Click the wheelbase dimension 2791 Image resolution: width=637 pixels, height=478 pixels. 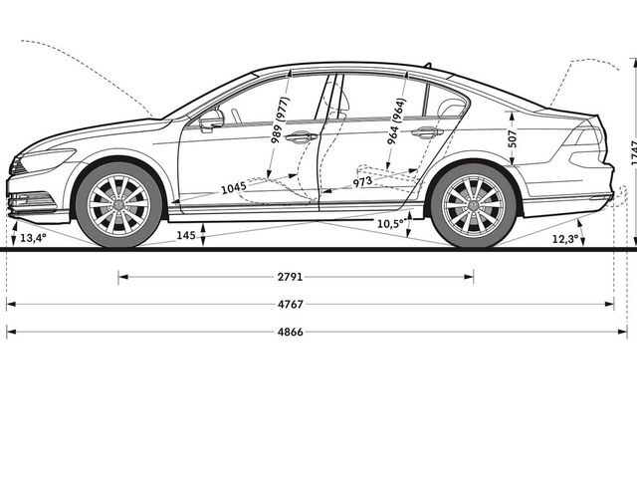point(290,277)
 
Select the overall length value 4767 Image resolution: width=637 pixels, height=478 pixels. point(291,304)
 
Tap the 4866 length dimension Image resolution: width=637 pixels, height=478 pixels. point(291,332)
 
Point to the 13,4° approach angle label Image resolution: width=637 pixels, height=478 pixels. point(33,238)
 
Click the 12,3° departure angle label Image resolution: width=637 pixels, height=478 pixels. point(565,239)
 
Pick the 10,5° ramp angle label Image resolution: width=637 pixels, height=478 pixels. point(391,224)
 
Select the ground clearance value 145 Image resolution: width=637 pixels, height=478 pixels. point(186,235)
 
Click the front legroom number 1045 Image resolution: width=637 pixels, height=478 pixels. point(234,188)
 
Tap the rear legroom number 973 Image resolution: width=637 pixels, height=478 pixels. point(362,181)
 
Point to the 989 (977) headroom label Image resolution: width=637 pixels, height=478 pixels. point(281,119)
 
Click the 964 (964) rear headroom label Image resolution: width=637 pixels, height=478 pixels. point(396,121)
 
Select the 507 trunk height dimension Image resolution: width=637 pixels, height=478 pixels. point(513,138)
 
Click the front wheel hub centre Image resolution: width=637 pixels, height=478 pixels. point(118,205)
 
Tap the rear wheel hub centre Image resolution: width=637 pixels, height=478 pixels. point(474,205)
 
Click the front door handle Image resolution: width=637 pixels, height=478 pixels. point(301,137)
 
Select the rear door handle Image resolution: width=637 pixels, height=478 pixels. point(427,132)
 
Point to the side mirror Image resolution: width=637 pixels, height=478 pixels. point(211,119)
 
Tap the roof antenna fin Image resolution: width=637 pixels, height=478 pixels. point(427,65)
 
